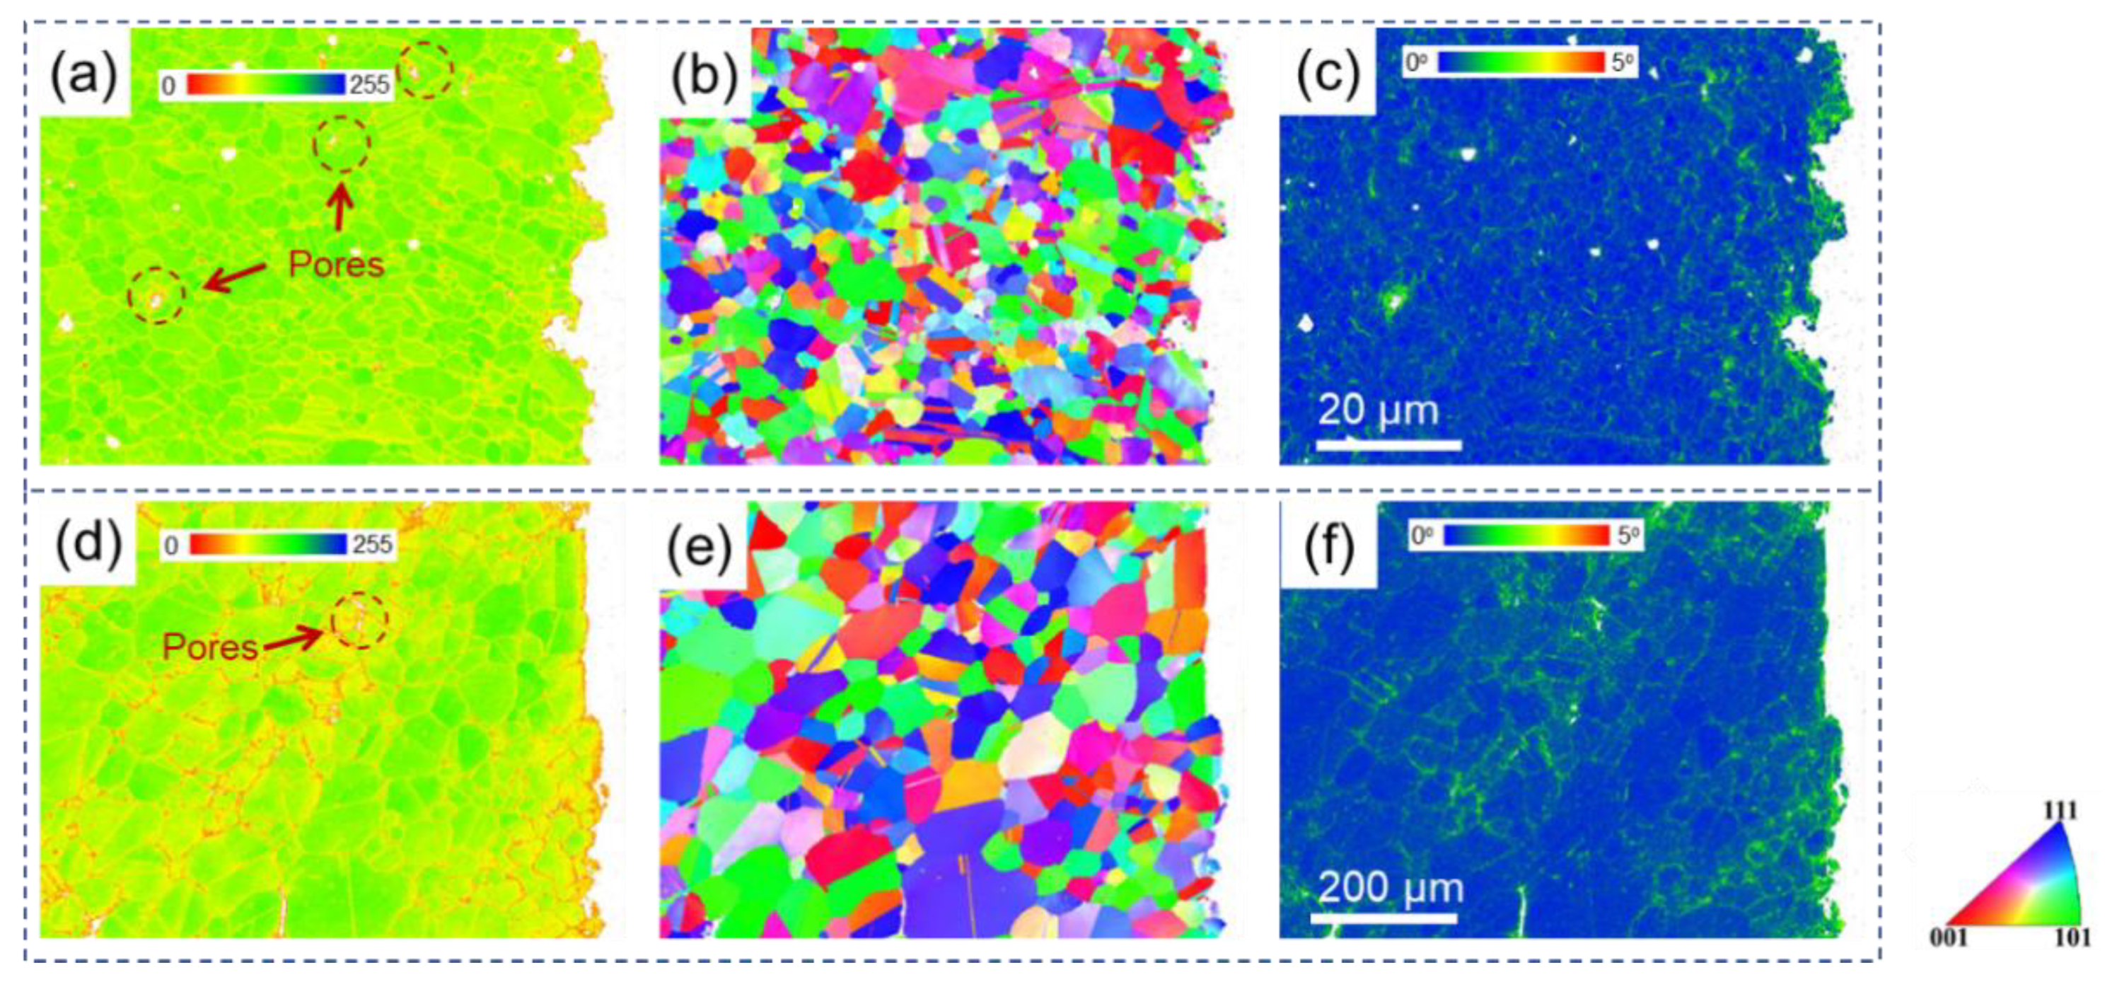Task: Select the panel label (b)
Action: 704,76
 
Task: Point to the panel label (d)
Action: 88,545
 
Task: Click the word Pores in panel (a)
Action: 336,265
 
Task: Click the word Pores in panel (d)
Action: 210,647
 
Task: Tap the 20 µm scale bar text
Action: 1378,410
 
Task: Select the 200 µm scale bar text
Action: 1391,887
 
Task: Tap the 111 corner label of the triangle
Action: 2060,811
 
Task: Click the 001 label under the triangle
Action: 1949,937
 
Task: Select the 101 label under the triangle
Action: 2072,937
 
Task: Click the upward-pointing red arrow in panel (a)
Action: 341,207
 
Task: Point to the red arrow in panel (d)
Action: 294,637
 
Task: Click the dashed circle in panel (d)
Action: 359,621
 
